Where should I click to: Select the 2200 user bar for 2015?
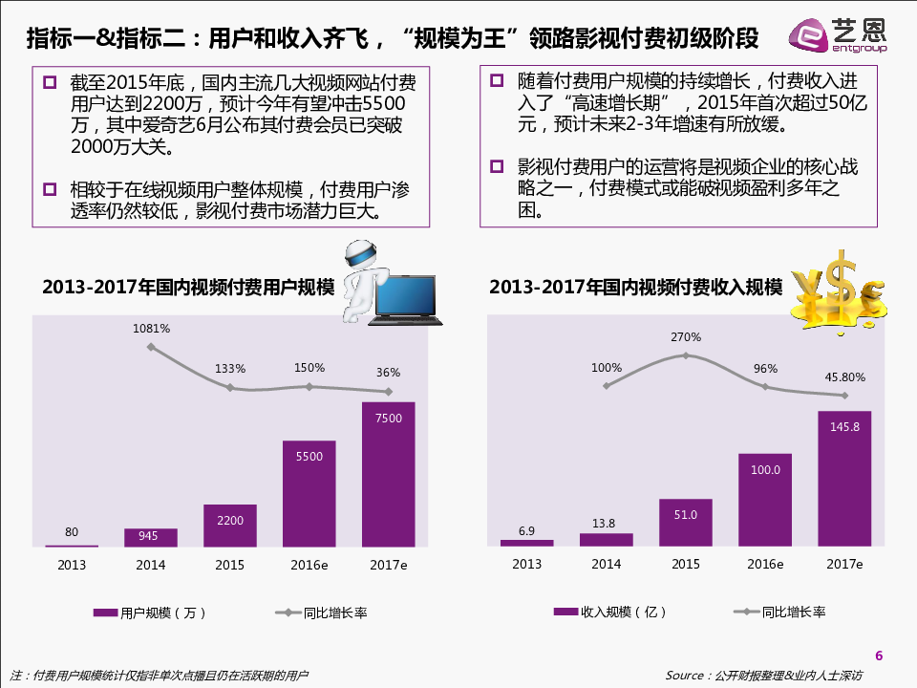pos(229,526)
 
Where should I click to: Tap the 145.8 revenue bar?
pos(844,478)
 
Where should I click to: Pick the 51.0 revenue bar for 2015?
pos(685,523)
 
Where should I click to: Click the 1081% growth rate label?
pos(151,329)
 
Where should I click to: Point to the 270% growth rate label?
pos(686,337)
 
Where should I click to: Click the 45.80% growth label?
pos(844,376)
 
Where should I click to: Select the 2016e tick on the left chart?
pos(309,565)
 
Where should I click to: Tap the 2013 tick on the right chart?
pos(526,564)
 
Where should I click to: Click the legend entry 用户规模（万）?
pos(150,613)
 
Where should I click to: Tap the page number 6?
pos(879,655)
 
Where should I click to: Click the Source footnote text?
pos(763,676)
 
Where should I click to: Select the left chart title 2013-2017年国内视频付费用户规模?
pos(188,287)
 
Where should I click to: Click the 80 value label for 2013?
pos(72,532)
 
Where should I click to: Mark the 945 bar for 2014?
pos(150,537)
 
